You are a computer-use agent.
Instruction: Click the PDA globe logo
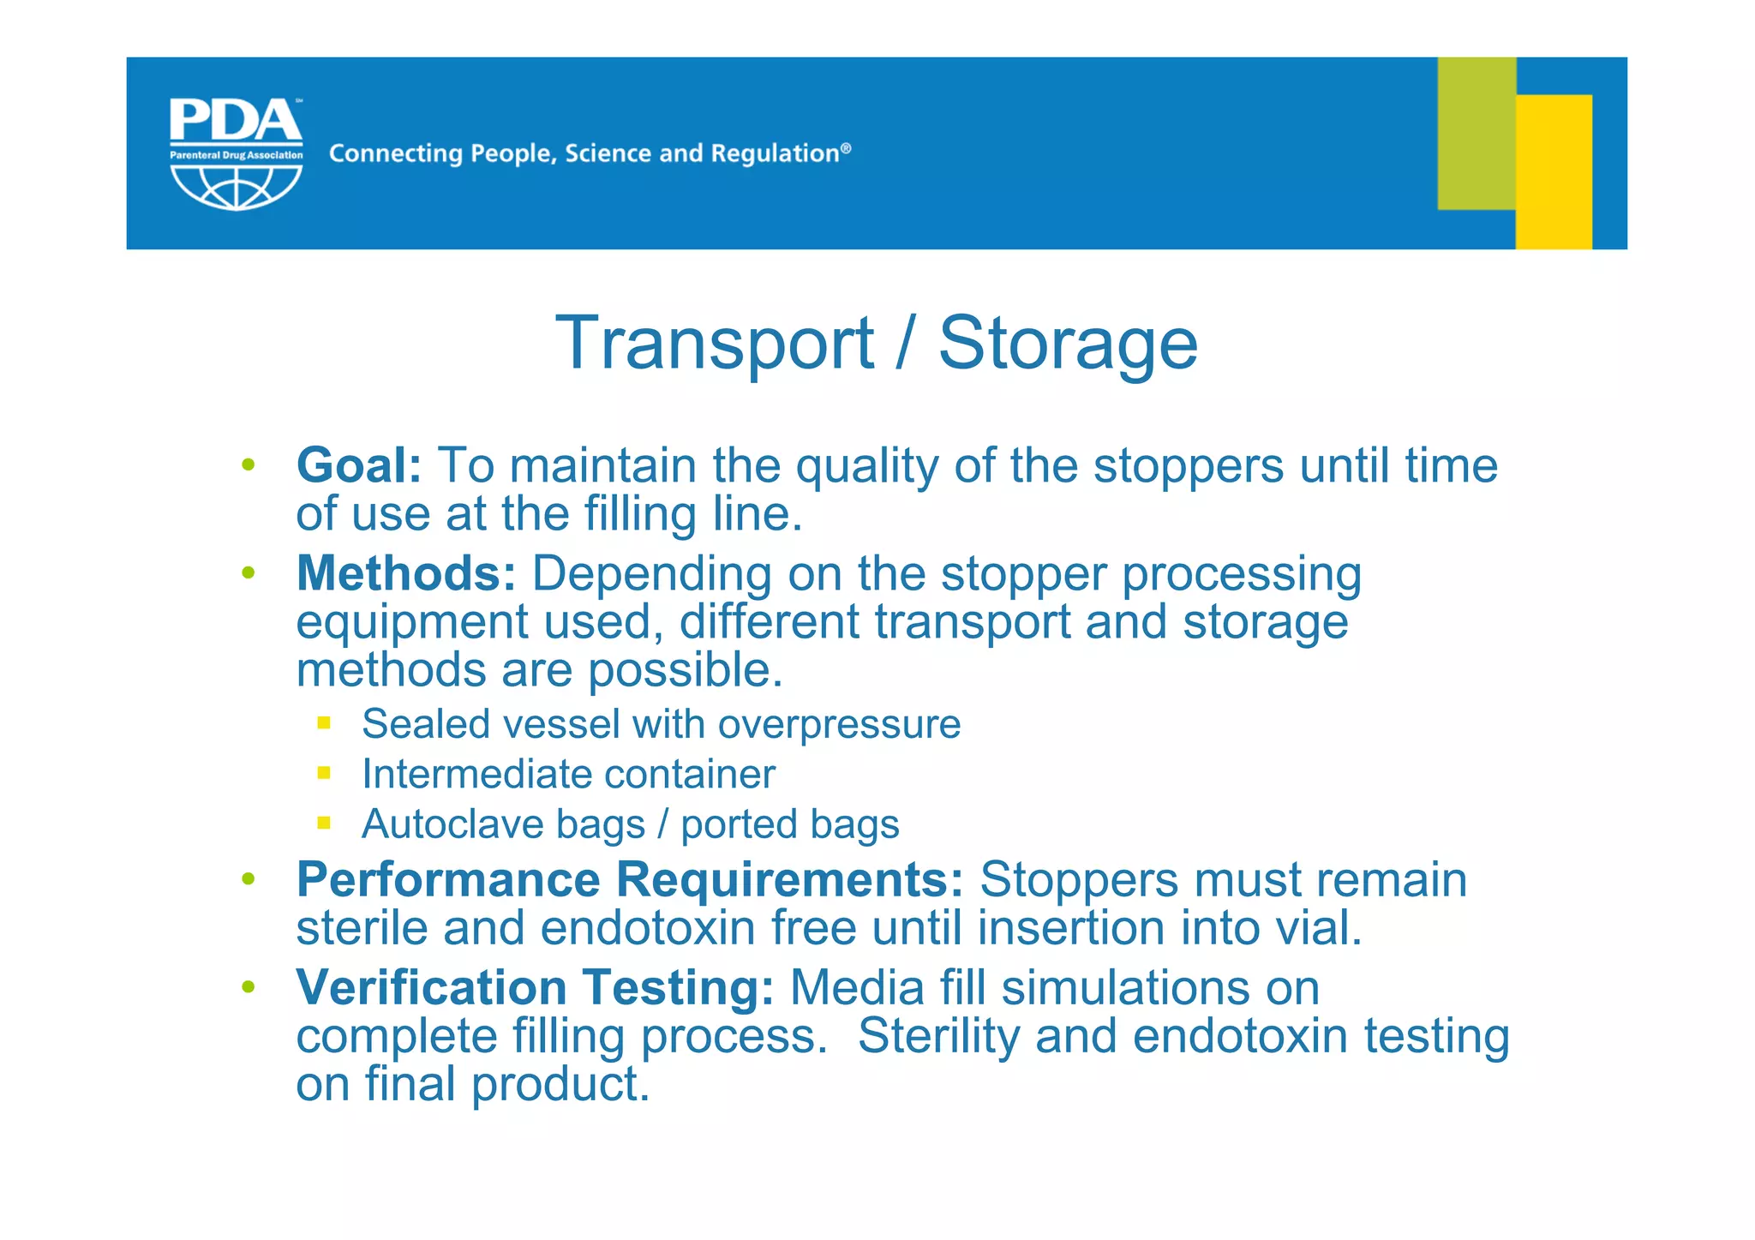pyautogui.click(x=236, y=154)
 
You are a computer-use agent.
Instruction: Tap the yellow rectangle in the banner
pyautogui.click(x=1554, y=171)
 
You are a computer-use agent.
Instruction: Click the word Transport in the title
pyautogui.click(x=715, y=343)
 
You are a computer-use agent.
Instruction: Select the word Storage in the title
pyautogui.click(x=1068, y=343)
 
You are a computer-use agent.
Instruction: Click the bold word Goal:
pyautogui.click(x=359, y=466)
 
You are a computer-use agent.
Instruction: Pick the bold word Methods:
pyautogui.click(x=406, y=573)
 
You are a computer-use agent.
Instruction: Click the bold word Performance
pyautogui.click(x=448, y=880)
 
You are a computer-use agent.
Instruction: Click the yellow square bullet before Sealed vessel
pyautogui.click(x=324, y=723)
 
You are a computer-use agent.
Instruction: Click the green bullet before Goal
pyautogui.click(x=249, y=465)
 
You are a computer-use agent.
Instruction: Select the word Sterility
pyautogui.click(x=938, y=1035)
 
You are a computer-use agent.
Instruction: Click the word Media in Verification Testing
pyautogui.click(x=857, y=987)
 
